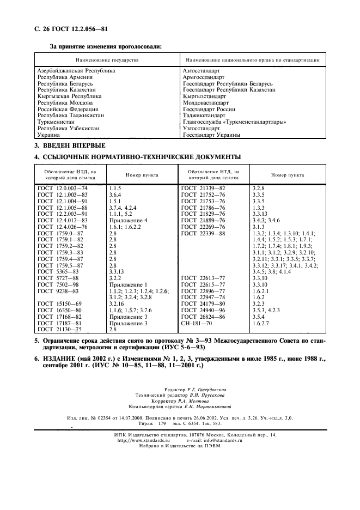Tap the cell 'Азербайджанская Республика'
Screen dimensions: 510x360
(x=76, y=71)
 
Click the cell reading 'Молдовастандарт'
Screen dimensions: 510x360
(x=206, y=102)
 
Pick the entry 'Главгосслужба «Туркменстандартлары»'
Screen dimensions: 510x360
(x=234, y=122)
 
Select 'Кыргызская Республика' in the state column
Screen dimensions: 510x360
(x=69, y=96)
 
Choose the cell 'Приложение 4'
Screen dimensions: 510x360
(x=128, y=220)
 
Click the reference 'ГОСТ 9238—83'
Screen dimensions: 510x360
(x=60, y=292)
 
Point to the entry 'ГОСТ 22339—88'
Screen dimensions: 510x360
(x=203, y=233)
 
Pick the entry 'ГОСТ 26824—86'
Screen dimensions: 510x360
(x=203, y=317)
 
